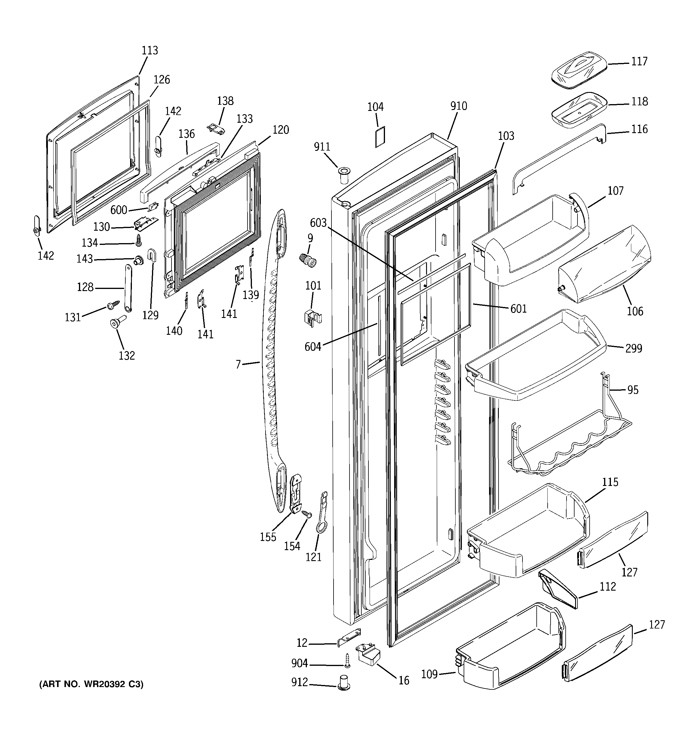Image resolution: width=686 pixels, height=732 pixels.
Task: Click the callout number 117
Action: pyautogui.click(x=639, y=61)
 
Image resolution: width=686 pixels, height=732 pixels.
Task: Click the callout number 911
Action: pyautogui.click(x=322, y=147)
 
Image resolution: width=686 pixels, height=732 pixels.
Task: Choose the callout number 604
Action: pyautogui.click(x=313, y=347)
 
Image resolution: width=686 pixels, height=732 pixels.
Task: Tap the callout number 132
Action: pyautogui.click(x=127, y=355)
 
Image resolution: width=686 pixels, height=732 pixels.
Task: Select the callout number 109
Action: pyautogui.click(x=429, y=674)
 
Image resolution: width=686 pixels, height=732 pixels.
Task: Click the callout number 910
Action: pyautogui.click(x=458, y=106)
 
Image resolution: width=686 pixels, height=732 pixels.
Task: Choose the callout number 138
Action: pyautogui.click(x=225, y=101)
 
